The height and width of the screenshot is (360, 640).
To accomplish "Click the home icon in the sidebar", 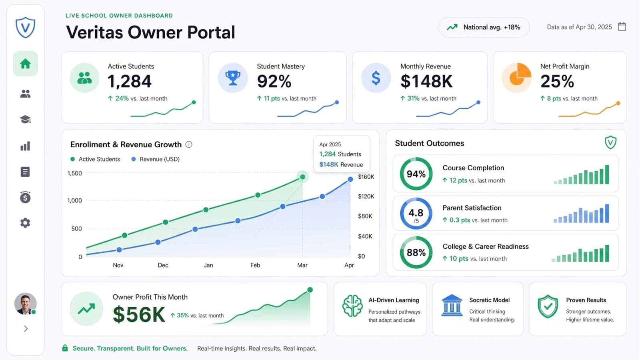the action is click(26, 64).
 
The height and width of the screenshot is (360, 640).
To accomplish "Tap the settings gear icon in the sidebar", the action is click(25, 223).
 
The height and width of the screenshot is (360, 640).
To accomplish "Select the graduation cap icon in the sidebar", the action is click(25, 120).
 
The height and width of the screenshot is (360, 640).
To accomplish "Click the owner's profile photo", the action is click(25, 304).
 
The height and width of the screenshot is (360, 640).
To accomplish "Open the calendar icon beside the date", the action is click(622, 26).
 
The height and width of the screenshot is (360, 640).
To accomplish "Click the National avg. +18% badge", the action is click(484, 27).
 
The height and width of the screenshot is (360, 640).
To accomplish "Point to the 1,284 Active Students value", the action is click(130, 82).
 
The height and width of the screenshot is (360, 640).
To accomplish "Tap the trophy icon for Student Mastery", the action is click(233, 78).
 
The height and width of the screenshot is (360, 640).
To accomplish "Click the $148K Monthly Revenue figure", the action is click(426, 82).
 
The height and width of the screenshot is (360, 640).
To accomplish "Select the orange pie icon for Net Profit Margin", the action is click(517, 78).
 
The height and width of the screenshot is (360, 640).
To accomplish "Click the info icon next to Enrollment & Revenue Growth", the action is click(189, 144).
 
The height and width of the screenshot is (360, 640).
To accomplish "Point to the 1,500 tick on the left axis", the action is click(74, 173).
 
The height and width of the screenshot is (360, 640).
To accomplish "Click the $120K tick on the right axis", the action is click(366, 196).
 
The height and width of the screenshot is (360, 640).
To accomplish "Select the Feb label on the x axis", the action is click(255, 265).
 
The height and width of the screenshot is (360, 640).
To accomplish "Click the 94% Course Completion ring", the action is click(416, 158).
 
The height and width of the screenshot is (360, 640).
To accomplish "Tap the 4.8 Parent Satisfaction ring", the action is click(416, 198).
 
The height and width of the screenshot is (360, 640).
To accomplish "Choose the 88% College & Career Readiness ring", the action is click(416, 237).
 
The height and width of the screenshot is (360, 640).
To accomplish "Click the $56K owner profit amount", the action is click(139, 314).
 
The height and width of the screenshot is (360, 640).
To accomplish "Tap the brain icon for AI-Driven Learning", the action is click(352, 306).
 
